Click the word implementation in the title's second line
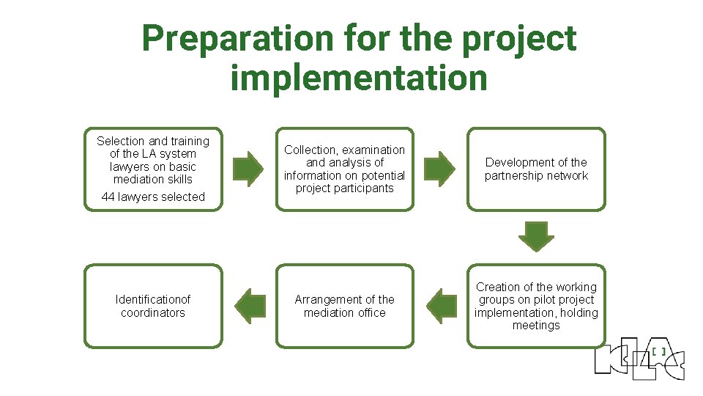click(359, 77)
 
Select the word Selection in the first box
click(121, 141)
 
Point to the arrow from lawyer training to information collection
click(248, 169)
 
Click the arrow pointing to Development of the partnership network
click(440, 169)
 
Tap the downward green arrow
click(536, 237)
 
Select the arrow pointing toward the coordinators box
click(250, 306)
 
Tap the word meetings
click(536, 326)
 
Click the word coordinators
click(153, 312)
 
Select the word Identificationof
click(153, 299)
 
